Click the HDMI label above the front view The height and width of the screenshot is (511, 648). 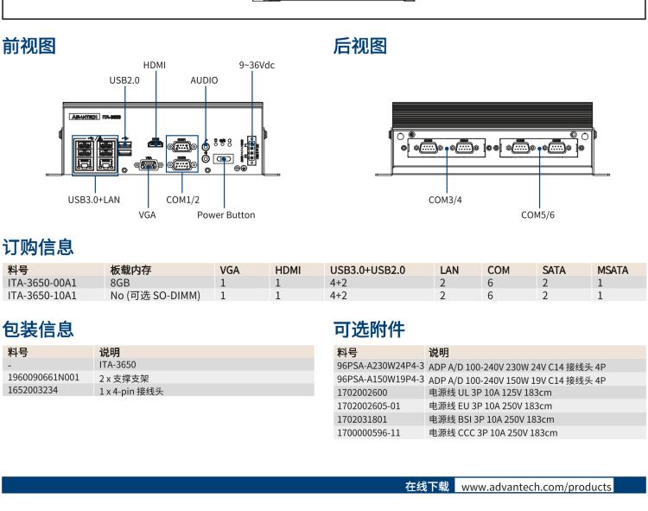[155, 65]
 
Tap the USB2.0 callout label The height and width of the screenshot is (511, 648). [124, 80]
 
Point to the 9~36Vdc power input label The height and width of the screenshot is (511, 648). [257, 65]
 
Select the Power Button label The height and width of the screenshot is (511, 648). [226, 214]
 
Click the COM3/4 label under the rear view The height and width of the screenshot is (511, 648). [446, 199]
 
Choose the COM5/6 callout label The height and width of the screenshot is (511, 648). [538, 214]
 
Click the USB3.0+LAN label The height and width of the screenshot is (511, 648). [93, 199]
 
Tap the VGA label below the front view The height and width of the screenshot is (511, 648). [147, 214]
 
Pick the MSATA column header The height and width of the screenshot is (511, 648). [612, 271]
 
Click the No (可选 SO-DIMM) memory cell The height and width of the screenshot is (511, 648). [155, 295]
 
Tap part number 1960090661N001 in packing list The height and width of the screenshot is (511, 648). [42, 378]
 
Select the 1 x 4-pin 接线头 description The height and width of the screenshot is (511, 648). [131, 391]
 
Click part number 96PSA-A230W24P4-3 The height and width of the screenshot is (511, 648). [379, 366]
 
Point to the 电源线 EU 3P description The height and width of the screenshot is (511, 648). [490, 405]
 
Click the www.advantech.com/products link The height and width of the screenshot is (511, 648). [536, 487]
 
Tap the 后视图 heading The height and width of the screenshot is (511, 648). [360, 47]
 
